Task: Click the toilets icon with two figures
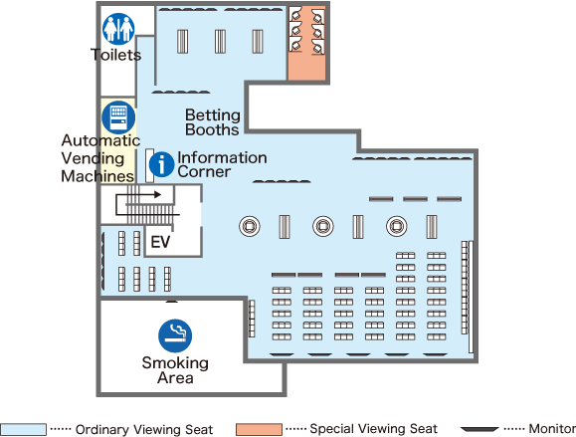[118, 29]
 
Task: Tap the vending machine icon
[118, 117]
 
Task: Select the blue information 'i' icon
[161, 164]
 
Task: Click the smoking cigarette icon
[175, 335]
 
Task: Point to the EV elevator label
[160, 242]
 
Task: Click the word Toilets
[116, 55]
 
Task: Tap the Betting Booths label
[213, 122]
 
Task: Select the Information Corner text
[222, 164]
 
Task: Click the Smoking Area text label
[175, 370]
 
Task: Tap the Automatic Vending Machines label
[100, 158]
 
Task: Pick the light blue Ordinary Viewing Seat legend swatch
[23, 429]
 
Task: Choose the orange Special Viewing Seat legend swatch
[259, 429]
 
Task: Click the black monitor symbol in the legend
[480, 429]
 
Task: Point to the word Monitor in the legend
[552, 429]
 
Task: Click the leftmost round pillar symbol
[250, 226]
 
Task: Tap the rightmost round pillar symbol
[397, 226]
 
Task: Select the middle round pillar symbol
[323, 226]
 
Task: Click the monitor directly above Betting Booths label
[181, 92]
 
